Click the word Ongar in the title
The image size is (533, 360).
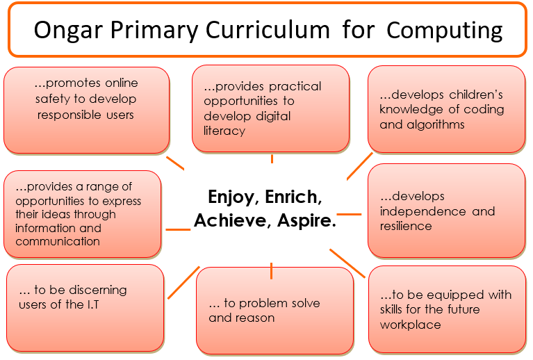pos(68,31)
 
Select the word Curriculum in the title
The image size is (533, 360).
pos(268,30)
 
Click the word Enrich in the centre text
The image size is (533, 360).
pos(293,197)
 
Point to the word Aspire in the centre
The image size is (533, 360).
pos(306,221)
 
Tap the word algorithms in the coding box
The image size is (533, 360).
pos(436,125)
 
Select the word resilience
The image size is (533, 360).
pos(406,226)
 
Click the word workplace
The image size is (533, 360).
pos(410,325)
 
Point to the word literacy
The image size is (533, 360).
pos(224,131)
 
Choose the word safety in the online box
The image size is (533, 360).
pos(53,99)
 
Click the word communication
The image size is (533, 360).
pos(58,241)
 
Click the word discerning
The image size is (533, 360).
pos(98,291)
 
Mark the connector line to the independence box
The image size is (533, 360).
pos(349,215)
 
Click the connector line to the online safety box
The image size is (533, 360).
pos(175,163)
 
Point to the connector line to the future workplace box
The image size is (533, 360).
pos(347,263)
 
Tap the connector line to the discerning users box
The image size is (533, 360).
pos(183,283)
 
